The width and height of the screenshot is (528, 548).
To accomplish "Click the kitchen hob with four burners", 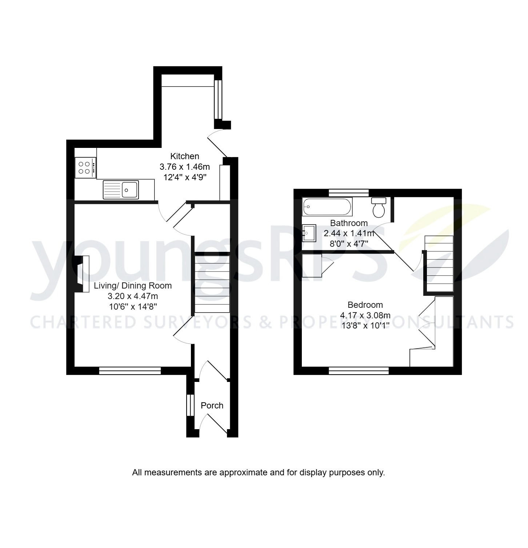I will pyautogui.click(x=86, y=168).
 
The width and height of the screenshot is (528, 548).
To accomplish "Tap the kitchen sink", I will pyautogui.click(x=121, y=189).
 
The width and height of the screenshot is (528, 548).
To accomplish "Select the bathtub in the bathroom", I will pyautogui.click(x=327, y=207).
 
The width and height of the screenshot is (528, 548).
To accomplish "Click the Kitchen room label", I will pyautogui.click(x=185, y=156).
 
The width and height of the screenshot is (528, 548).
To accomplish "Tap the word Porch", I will pyautogui.click(x=212, y=406).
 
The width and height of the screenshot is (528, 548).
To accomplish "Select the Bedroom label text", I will pyautogui.click(x=365, y=305).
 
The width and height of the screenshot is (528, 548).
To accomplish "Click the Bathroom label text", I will pyautogui.click(x=349, y=223).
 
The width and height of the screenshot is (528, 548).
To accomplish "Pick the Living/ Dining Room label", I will pyautogui.click(x=133, y=286).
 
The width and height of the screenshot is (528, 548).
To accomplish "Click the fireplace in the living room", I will pyautogui.click(x=83, y=274).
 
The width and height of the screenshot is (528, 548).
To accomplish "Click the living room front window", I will pyautogui.click(x=130, y=371).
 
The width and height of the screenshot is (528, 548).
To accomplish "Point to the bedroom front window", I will pyautogui.click(x=359, y=371).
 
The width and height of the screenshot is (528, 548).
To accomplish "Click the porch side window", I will pyautogui.click(x=189, y=405).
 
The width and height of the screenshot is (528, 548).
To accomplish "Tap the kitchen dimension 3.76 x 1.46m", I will pyautogui.click(x=185, y=167).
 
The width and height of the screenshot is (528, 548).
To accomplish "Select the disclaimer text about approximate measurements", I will pyautogui.click(x=258, y=473).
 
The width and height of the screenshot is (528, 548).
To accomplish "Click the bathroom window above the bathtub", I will pyautogui.click(x=349, y=193).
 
